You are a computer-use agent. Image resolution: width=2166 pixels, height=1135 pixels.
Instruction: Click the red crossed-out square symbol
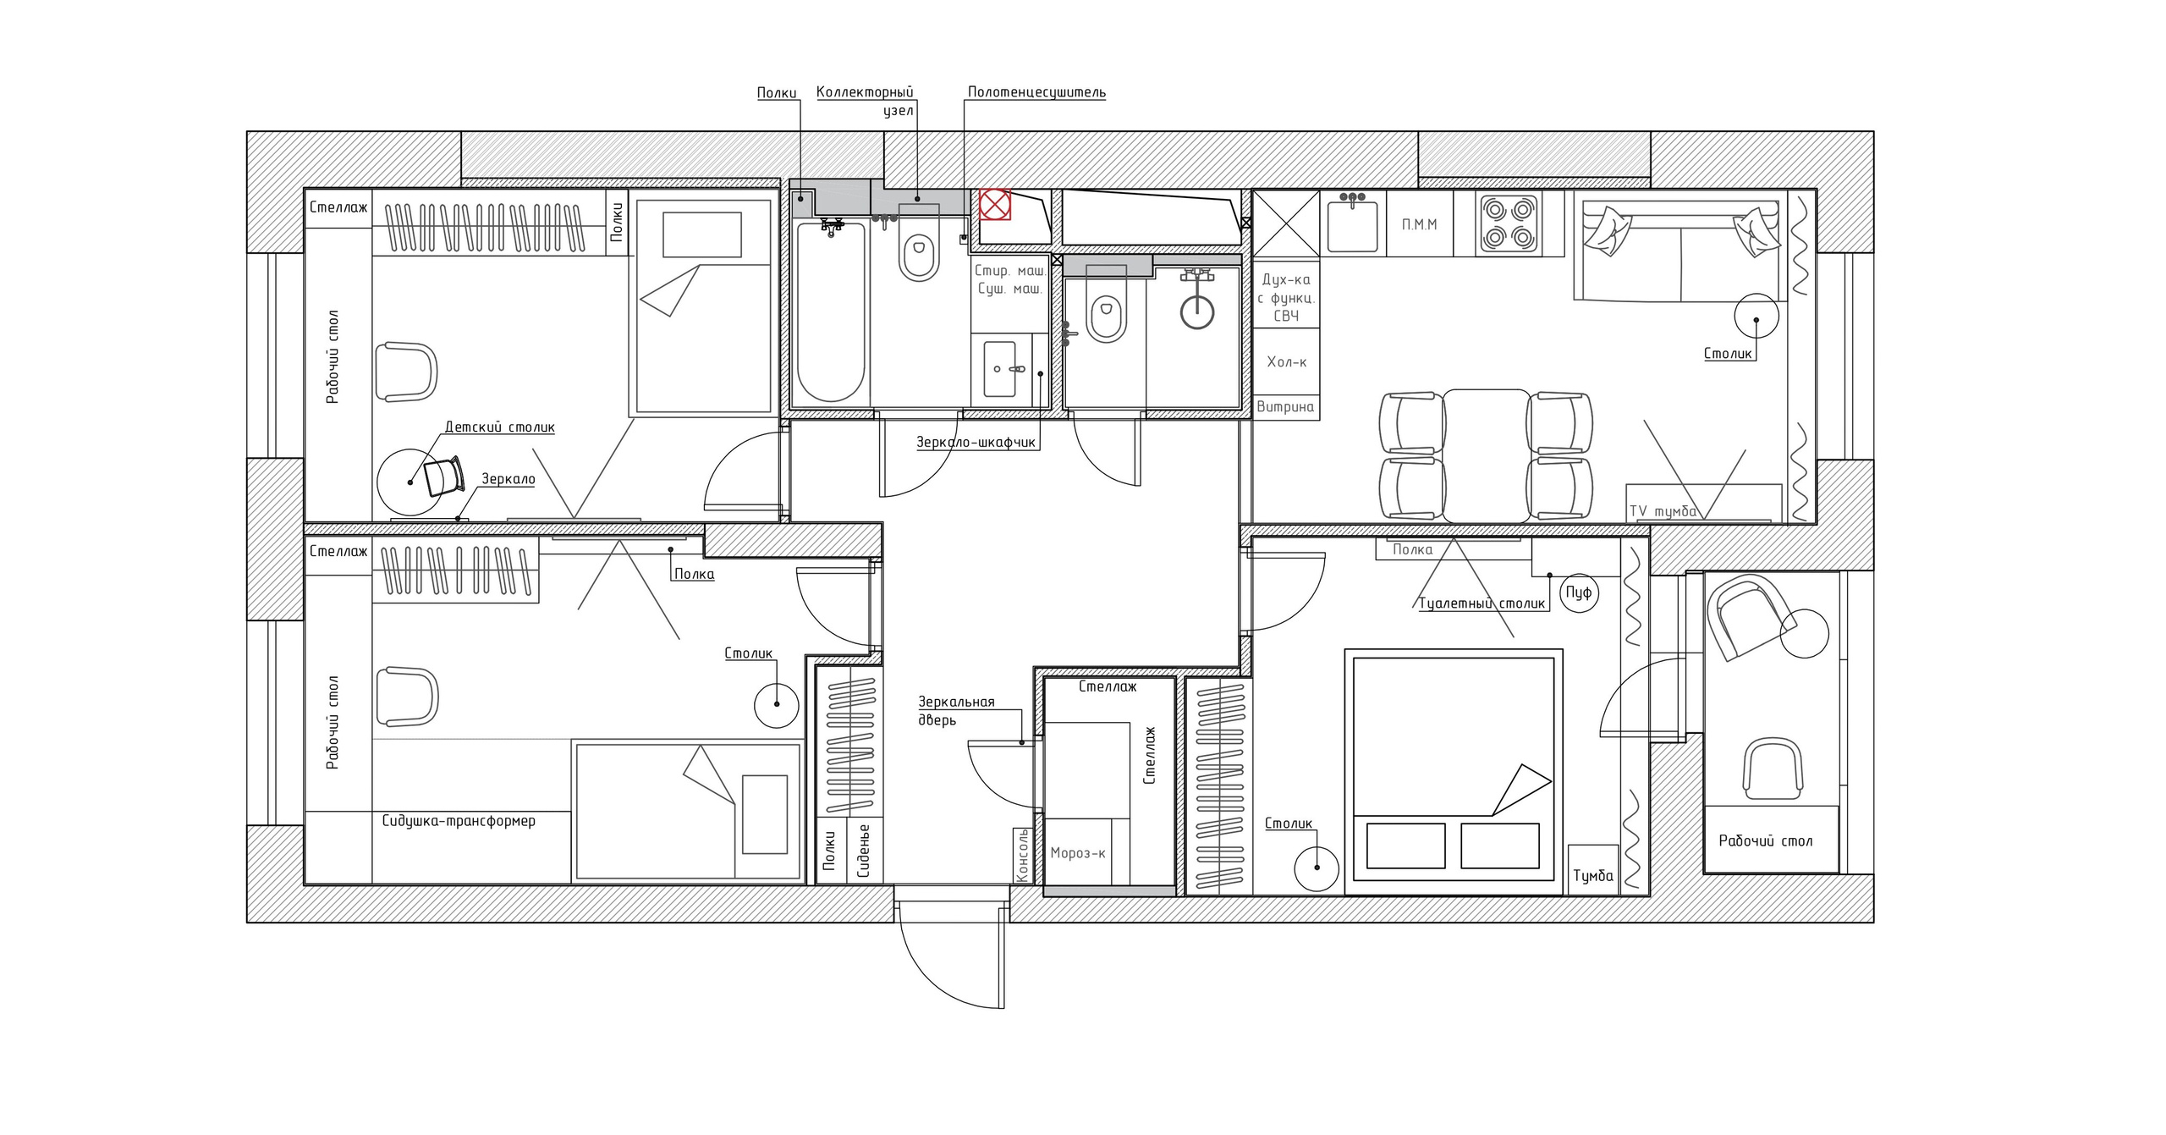[995, 204]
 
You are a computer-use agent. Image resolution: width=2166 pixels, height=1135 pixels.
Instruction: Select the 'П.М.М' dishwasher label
[1419, 224]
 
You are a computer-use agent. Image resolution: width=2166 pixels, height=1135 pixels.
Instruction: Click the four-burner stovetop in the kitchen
[1509, 223]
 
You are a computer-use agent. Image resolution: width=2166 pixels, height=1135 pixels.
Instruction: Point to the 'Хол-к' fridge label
[1286, 362]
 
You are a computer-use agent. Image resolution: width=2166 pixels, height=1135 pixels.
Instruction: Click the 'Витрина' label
[1285, 406]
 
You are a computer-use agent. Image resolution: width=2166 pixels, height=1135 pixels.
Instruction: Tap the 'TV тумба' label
[1663, 511]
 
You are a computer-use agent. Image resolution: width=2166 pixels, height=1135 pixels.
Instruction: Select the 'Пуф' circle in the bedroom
[1578, 592]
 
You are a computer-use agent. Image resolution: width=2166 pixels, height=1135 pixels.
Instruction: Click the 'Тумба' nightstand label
[1592, 876]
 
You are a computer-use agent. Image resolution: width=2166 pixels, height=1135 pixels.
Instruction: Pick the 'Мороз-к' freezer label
[1078, 853]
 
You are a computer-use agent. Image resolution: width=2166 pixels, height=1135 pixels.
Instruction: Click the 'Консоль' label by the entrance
[1023, 855]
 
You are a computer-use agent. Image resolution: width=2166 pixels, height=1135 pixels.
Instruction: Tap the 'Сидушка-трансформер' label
[459, 820]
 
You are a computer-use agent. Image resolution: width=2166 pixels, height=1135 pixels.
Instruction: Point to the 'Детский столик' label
[500, 427]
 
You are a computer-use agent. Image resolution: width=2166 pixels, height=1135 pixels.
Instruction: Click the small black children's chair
[444, 477]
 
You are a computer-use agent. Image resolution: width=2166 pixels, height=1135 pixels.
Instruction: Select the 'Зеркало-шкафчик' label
[976, 442]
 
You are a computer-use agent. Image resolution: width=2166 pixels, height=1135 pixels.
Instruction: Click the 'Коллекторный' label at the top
[865, 92]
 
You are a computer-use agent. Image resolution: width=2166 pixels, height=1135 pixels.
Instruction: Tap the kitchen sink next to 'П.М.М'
[1353, 223]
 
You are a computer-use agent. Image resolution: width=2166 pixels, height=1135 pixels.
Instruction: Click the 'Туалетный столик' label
[1482, 603]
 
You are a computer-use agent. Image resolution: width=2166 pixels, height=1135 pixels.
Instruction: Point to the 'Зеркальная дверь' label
[957, 711]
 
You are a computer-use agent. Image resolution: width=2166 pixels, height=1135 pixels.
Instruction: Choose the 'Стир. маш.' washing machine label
[1010, 271]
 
